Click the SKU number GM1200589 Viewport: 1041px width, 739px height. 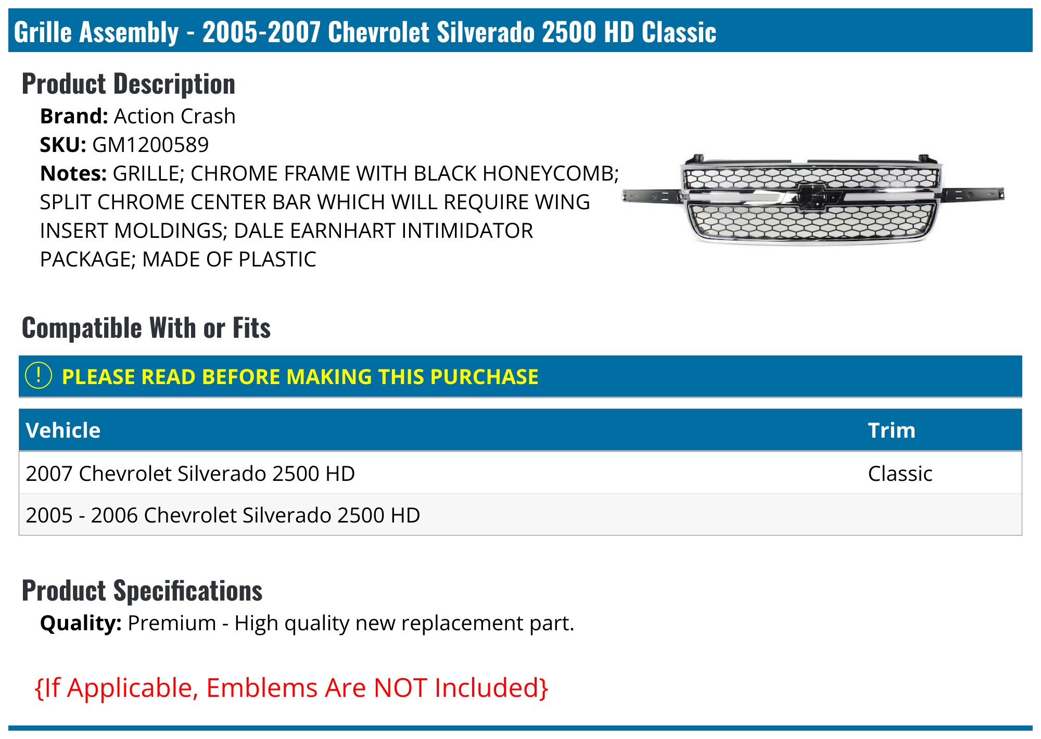(150, 145)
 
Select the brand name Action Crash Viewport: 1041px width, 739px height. (174, 116)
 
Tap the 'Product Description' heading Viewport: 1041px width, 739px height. (129, 84)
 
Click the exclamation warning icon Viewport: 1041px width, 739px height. (39, 375)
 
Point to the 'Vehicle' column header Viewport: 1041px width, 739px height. (63, 430)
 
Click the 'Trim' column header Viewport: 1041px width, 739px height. (891, 430)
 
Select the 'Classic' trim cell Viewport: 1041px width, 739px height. (900, 474)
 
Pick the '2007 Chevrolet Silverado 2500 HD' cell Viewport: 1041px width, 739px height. (190, 474)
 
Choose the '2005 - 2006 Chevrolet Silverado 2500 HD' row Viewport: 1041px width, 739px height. (223, 515)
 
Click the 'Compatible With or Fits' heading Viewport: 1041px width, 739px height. (146, 328)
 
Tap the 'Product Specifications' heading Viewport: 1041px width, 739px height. (142, 591)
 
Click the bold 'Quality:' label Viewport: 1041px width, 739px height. (81, 623)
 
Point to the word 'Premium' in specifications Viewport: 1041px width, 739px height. (172, 623)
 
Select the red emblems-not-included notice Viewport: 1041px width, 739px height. (291, 687)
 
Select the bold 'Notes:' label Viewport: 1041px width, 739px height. (73, 173)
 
